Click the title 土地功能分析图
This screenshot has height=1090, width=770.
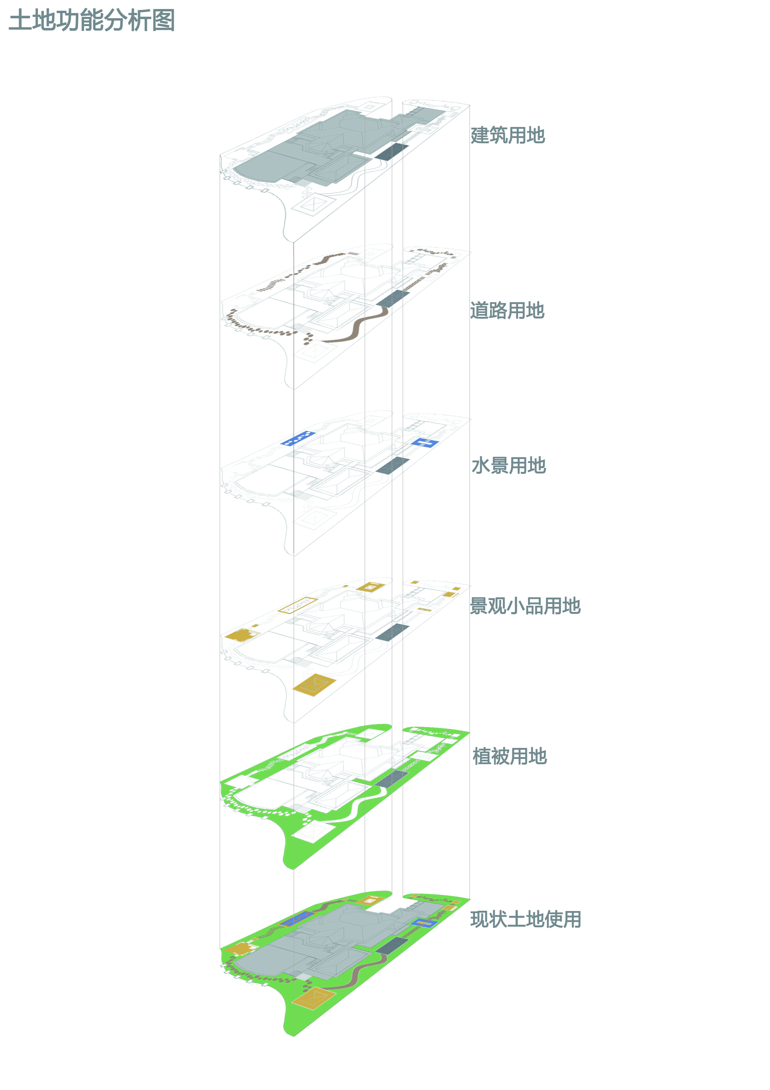coord(92,21)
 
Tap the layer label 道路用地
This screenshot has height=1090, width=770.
coord(507,311)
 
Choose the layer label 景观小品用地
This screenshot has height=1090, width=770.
coord(525,606)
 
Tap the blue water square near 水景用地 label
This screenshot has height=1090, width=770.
coord(425,443)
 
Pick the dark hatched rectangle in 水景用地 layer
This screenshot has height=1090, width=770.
coord(392,465)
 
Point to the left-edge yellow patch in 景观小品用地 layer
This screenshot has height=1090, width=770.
coord(239,635)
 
